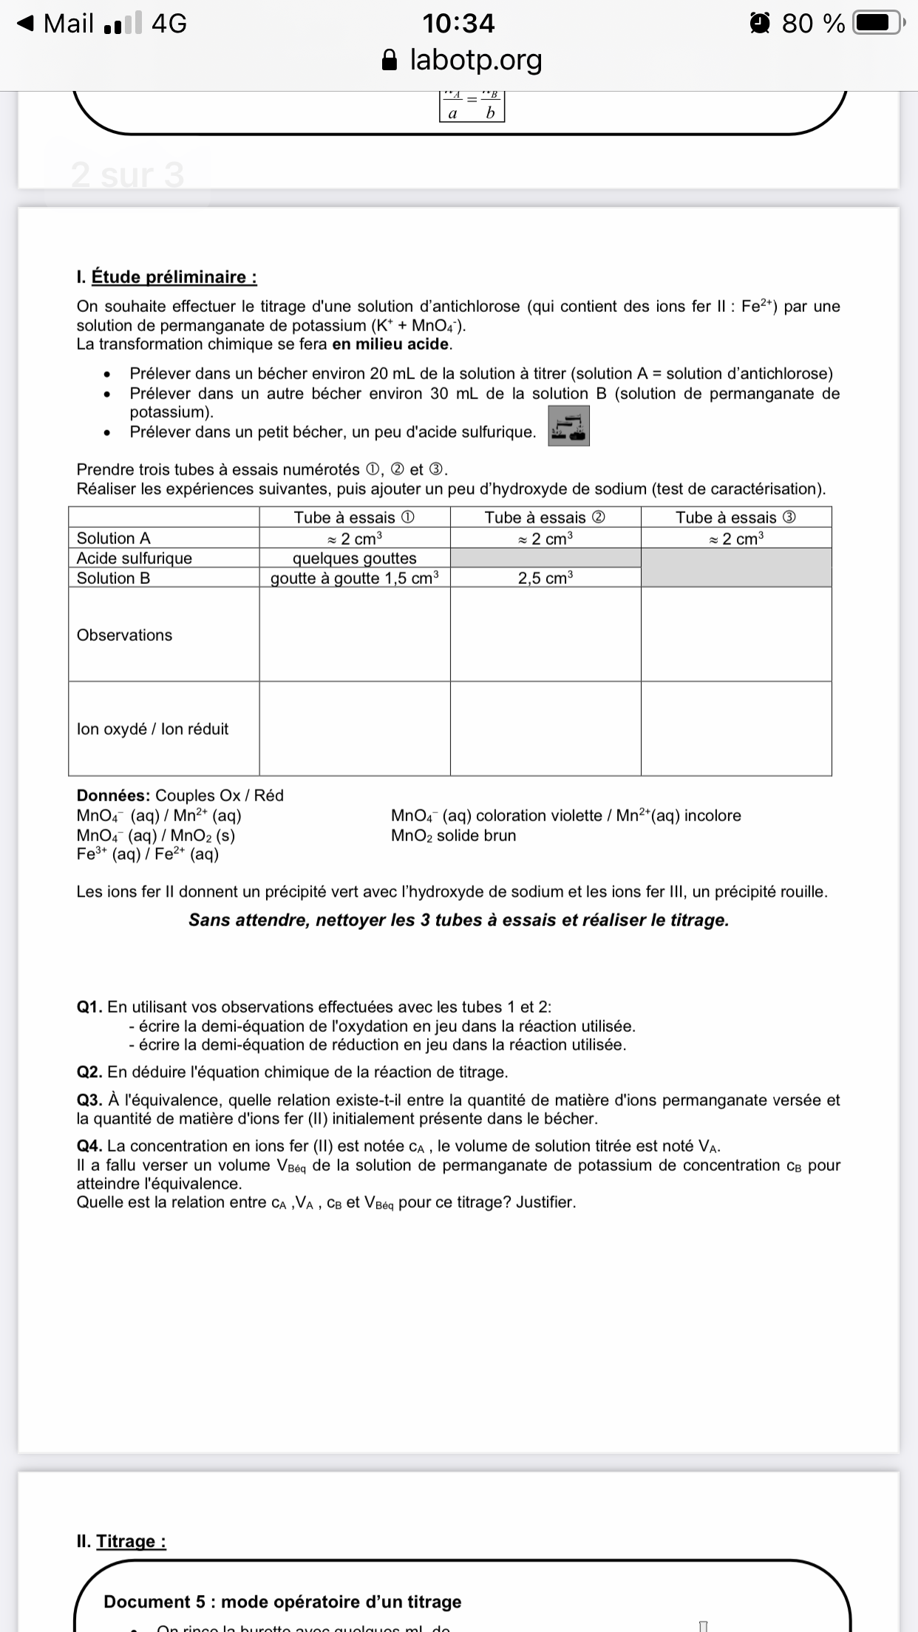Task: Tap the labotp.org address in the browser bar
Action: click(475, 59)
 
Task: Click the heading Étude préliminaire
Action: click(174, 277)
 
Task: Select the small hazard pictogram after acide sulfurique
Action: click(568, 426)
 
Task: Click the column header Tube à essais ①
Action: click(354, 517)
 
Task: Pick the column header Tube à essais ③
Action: click(735, 517)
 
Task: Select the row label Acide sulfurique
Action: click(135, 558)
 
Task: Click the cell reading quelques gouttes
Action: click(354, 558)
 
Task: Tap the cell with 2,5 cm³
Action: click(545, 578)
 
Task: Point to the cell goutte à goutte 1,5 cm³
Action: click(354, 578)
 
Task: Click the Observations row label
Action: click(124, 635)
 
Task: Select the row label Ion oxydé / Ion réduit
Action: click(152, 729)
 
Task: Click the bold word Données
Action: click(113, 795)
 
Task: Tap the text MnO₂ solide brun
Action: click(453, 836)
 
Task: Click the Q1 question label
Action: click(89, 1007)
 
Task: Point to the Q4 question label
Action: click(89, 1146)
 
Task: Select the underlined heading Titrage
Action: click(131, 1541)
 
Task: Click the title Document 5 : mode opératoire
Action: click(282, 1602)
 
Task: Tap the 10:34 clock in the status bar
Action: click(458, 24)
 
